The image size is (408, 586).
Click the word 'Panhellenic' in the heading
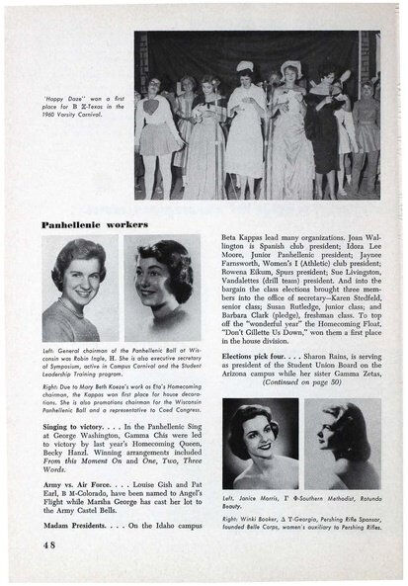(72, 224)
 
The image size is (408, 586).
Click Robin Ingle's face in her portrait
(76, 275)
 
